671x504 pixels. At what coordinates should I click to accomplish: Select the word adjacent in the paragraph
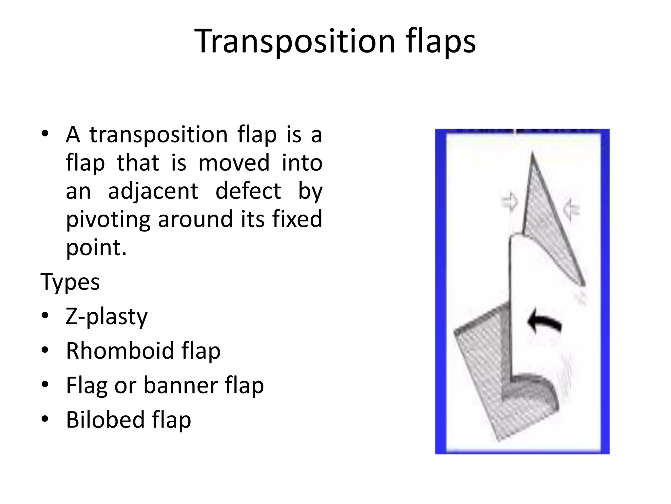(153, 191)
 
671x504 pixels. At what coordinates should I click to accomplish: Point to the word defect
(248, 191)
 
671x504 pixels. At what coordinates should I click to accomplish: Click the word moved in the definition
(234, 163)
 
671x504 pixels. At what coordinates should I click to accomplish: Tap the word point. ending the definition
(96, 247)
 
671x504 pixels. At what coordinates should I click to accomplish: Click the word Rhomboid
(120, 351)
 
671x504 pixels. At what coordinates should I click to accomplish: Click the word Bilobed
(105, 420)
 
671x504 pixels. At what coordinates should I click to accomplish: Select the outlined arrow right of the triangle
(571, 209)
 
